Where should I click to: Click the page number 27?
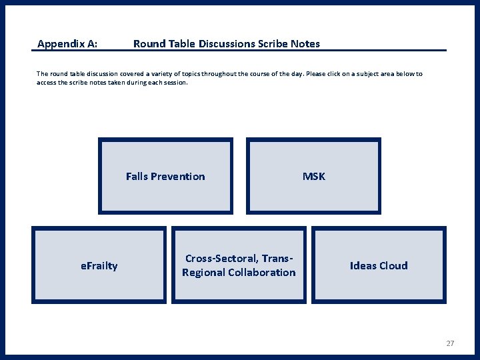point(450,343)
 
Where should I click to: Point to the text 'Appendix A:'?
point(67,44)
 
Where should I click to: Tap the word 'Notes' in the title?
point(305,44)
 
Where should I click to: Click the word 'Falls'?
point(137,177)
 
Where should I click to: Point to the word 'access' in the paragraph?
point(47,83)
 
